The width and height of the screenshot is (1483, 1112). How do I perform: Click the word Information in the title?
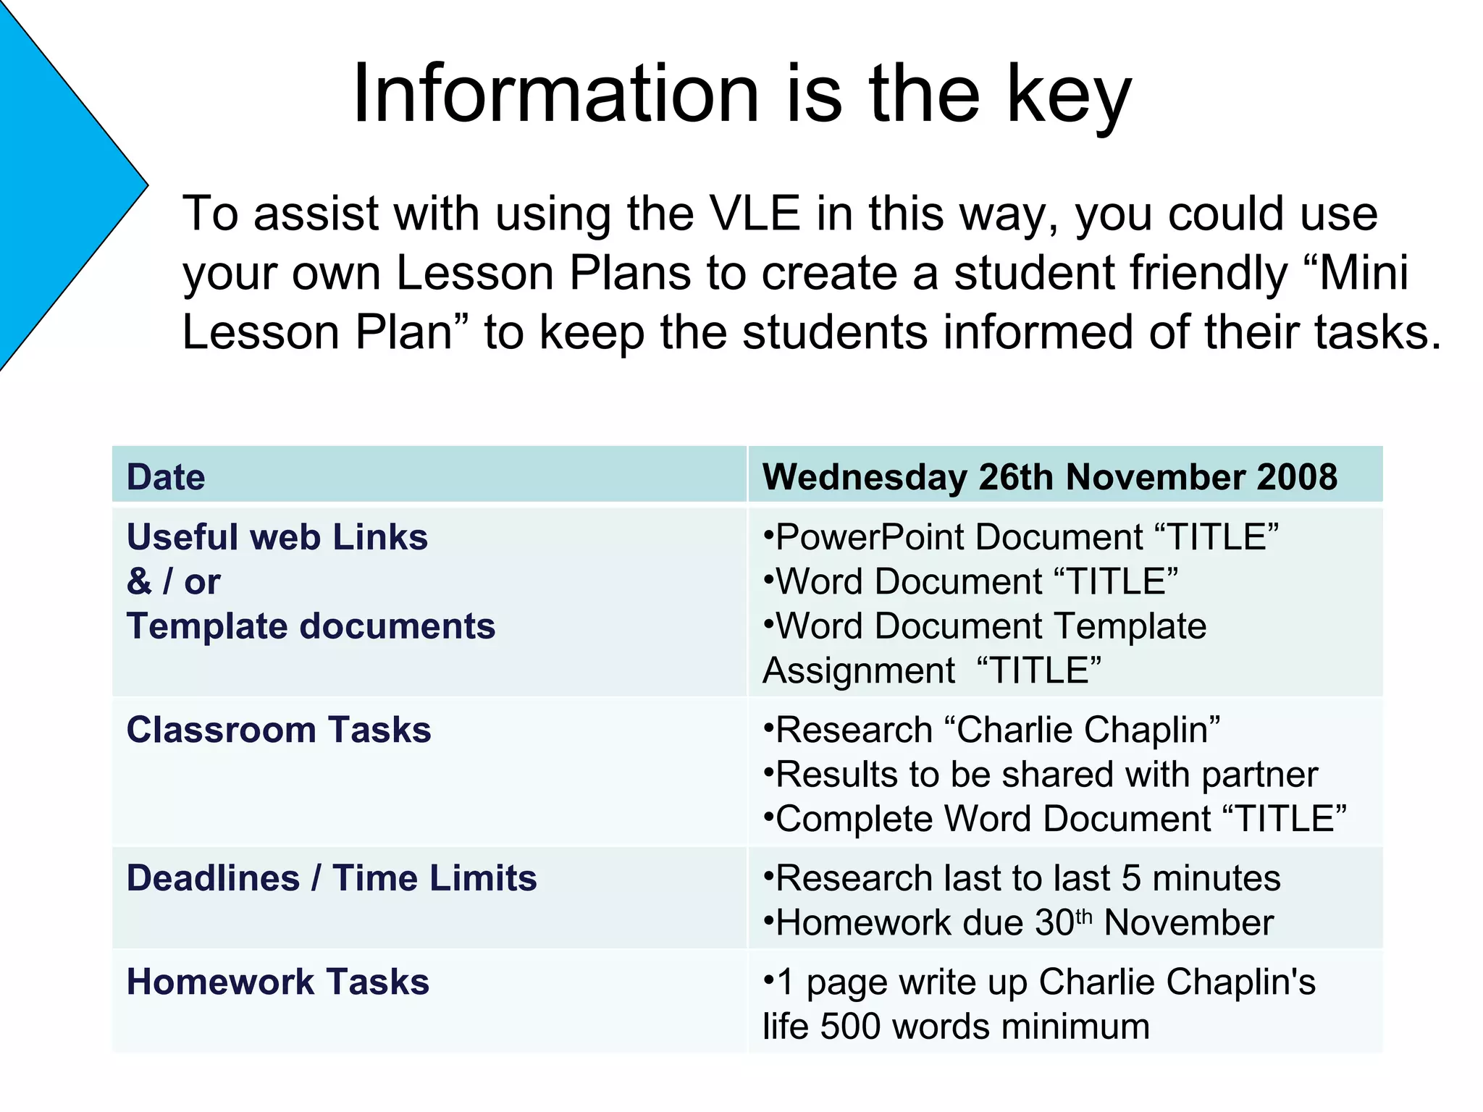[555, 94]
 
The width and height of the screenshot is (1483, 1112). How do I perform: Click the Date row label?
[166, 477]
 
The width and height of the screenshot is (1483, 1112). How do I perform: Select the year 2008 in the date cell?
[1297, 477]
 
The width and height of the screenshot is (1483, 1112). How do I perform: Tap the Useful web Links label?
[277, 537]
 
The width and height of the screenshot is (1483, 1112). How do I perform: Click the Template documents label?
[311, 626]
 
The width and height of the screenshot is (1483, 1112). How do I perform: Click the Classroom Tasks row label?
[279, 730]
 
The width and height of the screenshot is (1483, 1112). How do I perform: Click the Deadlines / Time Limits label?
[332, 878]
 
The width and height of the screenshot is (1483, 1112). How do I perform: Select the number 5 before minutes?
[1131, 878]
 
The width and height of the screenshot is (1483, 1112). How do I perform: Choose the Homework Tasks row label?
[278, 982]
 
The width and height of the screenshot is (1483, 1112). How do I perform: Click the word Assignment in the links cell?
[859, 671]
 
